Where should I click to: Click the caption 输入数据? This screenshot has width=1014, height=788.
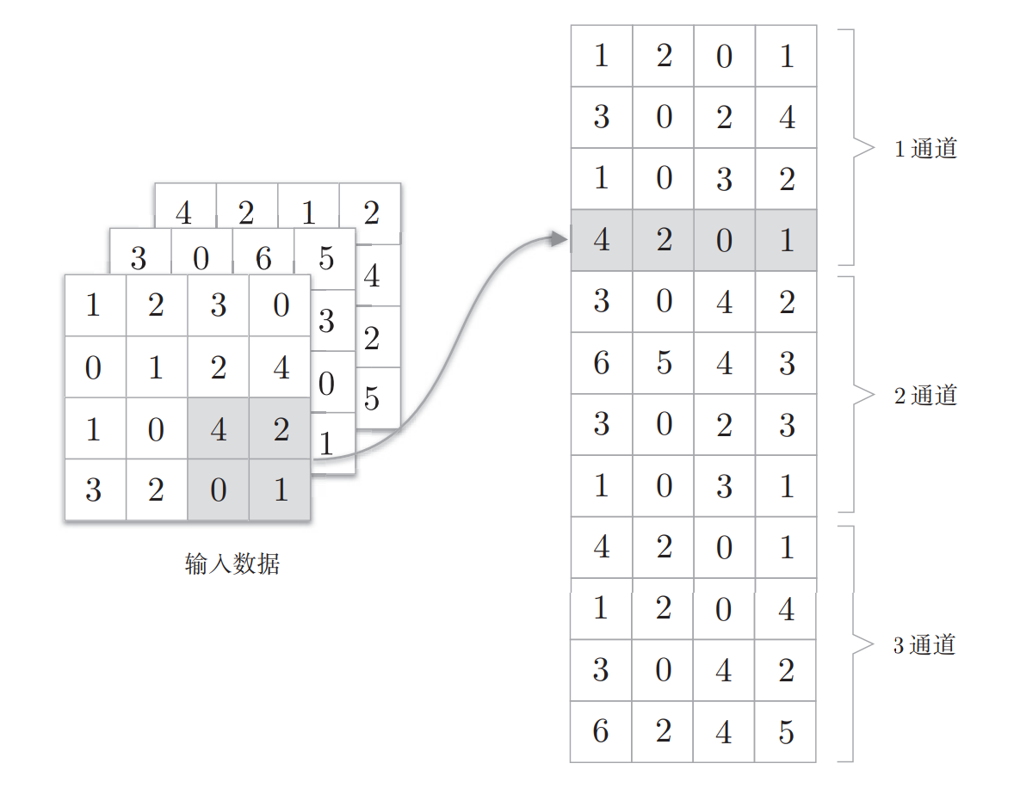(232, 564)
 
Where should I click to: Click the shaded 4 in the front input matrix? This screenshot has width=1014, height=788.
(219, 428)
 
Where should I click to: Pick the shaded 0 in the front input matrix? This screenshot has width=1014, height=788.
(219, 490)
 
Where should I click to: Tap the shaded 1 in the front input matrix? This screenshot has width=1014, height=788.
(281, 490)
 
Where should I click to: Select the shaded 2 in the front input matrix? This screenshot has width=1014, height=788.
(281, 428)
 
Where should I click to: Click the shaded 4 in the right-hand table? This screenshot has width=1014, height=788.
(602, 240)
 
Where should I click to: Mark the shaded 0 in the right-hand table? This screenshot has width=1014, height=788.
(724, 240)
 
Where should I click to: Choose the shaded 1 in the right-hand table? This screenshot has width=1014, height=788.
(786, 240)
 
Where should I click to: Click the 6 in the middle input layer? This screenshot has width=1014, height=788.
(263, 257)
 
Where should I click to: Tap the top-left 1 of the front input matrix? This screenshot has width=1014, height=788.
(95, 305)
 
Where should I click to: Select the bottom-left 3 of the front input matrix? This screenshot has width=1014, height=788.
(95, 490)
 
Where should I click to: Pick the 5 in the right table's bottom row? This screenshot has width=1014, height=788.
(786, 732)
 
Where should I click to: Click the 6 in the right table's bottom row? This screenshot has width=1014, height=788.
(602, 732)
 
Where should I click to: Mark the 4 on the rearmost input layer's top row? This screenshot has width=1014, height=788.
(184, 212)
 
